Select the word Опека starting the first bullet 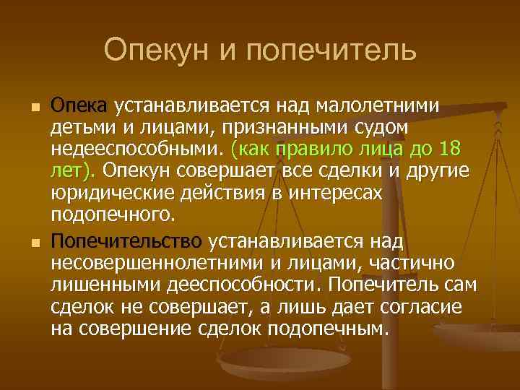79,106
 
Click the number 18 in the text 448,149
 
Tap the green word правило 318,149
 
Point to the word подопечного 112,214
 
